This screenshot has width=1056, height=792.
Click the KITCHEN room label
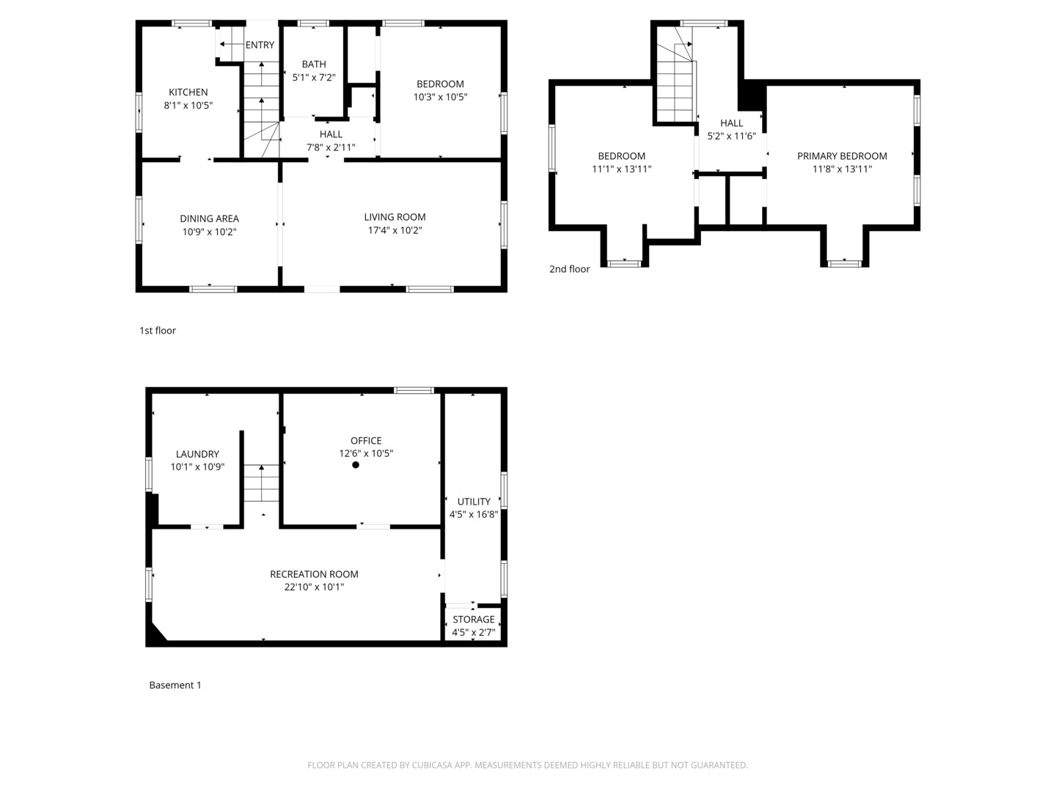click(188, 92)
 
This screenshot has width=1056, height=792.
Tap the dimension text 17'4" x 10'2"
click(395, 230)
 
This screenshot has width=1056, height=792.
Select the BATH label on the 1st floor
click(314, 65)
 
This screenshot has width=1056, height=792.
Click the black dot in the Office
click(356, 465)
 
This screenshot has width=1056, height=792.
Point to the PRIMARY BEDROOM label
click(842, 156)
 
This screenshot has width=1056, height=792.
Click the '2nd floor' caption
click(569, 269)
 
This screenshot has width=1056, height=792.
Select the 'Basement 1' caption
click(175, 685)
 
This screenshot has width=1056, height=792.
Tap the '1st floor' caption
click(158, 331)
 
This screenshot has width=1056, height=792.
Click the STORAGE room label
click(473, 620)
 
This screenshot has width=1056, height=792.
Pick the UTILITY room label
click(474, 502)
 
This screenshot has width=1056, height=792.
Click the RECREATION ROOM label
click(314, 574)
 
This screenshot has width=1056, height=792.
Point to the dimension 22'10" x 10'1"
click(314, 587)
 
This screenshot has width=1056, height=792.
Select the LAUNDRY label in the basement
click(197, 454)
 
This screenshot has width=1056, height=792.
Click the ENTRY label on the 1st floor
click(260, 45)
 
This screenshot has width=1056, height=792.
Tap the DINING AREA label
click(209, 219)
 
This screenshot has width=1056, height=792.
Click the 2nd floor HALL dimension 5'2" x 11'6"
click(731, 136)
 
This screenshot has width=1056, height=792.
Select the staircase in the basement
click(262, 483)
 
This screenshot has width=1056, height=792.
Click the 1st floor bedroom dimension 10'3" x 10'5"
click(440, 97)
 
